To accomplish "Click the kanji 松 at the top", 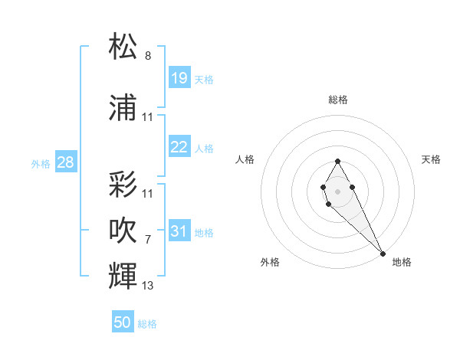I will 123,47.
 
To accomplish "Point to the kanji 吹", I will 123,230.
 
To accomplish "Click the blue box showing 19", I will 179,78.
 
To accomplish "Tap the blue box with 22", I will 179,147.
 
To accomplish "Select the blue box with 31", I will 179,231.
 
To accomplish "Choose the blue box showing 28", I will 65,162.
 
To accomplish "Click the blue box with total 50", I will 123,322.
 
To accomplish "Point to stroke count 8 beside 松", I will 148,56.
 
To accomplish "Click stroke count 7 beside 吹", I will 148,240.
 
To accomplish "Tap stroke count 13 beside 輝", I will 148,286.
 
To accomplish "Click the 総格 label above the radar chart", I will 337,100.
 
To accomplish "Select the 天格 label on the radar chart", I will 432,159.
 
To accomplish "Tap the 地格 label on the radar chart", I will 402,262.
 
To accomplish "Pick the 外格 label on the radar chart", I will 270,262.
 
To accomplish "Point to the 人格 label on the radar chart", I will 245,159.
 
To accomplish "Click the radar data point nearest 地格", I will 383,254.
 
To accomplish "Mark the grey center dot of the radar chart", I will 337,191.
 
